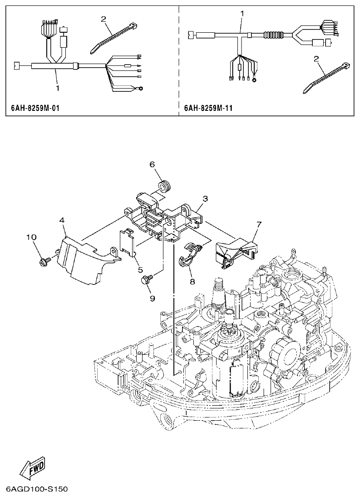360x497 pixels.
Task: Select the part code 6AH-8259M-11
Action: [208, 109]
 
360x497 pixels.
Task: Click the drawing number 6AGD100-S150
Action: [37, 489]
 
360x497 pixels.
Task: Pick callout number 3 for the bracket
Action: [205, 199]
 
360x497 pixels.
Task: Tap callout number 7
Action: [259, 224]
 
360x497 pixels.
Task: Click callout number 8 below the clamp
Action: [192, 282]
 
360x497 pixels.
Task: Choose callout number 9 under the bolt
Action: [152, 298]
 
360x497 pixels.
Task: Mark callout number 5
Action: [141, 270]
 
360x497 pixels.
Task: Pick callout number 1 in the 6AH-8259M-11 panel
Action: [242, 14]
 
